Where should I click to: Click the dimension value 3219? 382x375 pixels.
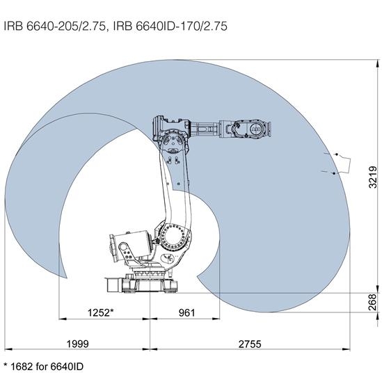pos(373,177)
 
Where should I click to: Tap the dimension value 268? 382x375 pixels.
pos(373,302)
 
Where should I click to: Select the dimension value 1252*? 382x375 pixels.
pos(101,312)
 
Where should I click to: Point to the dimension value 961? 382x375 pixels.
pos(187,313)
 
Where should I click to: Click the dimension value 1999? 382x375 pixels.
pos(78,344)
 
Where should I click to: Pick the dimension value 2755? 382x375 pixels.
pos(250,344)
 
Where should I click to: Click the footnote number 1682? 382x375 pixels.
pos(22,366)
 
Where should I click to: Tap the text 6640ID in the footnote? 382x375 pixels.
pos(67,366)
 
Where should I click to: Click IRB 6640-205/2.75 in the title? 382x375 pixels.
pos(55,26)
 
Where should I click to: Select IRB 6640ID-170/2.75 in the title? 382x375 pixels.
pos(170,26)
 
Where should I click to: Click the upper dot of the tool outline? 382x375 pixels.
pos(337,154)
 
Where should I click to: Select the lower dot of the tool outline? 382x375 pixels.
pos(334,173)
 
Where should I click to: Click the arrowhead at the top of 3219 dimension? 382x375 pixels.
pos(377,63)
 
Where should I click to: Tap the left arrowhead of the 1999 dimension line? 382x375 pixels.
pos(8,349)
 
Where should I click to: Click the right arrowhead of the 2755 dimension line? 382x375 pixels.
pos(346,349)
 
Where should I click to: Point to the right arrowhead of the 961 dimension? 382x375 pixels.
pos(216,319)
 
